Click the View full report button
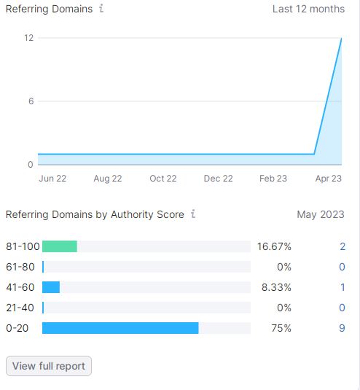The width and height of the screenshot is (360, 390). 49,366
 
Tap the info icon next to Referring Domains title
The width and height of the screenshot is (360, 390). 101,9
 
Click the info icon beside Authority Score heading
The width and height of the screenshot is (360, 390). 193,214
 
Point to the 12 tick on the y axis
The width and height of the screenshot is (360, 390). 29,38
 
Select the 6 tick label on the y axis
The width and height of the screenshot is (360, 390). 31,101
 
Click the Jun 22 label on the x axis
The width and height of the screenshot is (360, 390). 52,179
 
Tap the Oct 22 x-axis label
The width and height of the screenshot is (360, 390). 163,179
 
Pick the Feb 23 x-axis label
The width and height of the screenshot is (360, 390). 273,179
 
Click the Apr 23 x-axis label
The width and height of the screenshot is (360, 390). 329,179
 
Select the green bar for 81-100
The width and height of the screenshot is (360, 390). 60,246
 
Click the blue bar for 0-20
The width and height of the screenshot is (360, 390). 120,328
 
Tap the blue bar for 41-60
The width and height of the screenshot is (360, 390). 51,287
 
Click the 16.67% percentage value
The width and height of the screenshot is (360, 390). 274,246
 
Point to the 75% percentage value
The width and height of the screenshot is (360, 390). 281,328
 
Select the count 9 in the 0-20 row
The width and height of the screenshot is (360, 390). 342,328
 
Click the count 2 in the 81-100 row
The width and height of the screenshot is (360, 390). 343,246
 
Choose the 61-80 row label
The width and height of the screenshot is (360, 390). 20,267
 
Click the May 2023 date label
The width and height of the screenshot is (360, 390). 321,214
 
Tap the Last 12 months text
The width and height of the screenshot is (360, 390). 308,9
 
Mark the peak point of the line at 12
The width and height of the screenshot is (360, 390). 341,39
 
